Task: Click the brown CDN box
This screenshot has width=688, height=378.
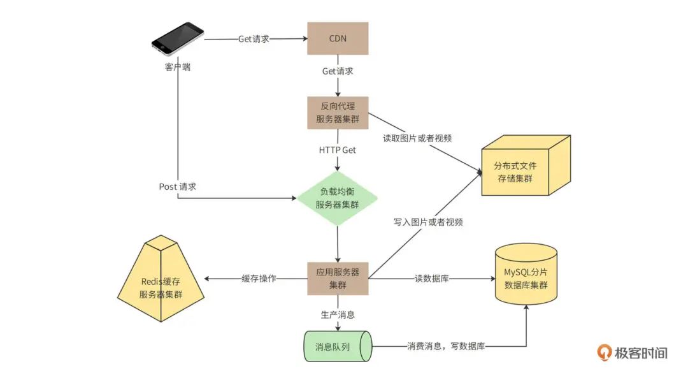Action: point(338,38)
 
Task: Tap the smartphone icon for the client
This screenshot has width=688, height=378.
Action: point(177,39)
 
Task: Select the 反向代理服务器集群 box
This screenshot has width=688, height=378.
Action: point(338,113)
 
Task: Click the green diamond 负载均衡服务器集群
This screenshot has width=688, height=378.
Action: point(338,198)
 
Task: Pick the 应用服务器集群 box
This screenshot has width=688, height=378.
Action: point(338,279)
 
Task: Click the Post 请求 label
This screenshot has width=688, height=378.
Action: point(178,187)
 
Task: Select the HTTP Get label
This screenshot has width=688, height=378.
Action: point(338,150)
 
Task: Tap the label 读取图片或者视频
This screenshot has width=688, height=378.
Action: point(418,138)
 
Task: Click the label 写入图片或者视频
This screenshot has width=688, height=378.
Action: point(428,222)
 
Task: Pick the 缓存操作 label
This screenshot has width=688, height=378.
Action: point(259,279)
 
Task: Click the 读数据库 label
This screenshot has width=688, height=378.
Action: point(432,279)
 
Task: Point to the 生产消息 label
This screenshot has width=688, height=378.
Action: point(338,314)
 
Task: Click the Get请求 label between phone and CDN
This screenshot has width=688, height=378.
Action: point(254,39)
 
